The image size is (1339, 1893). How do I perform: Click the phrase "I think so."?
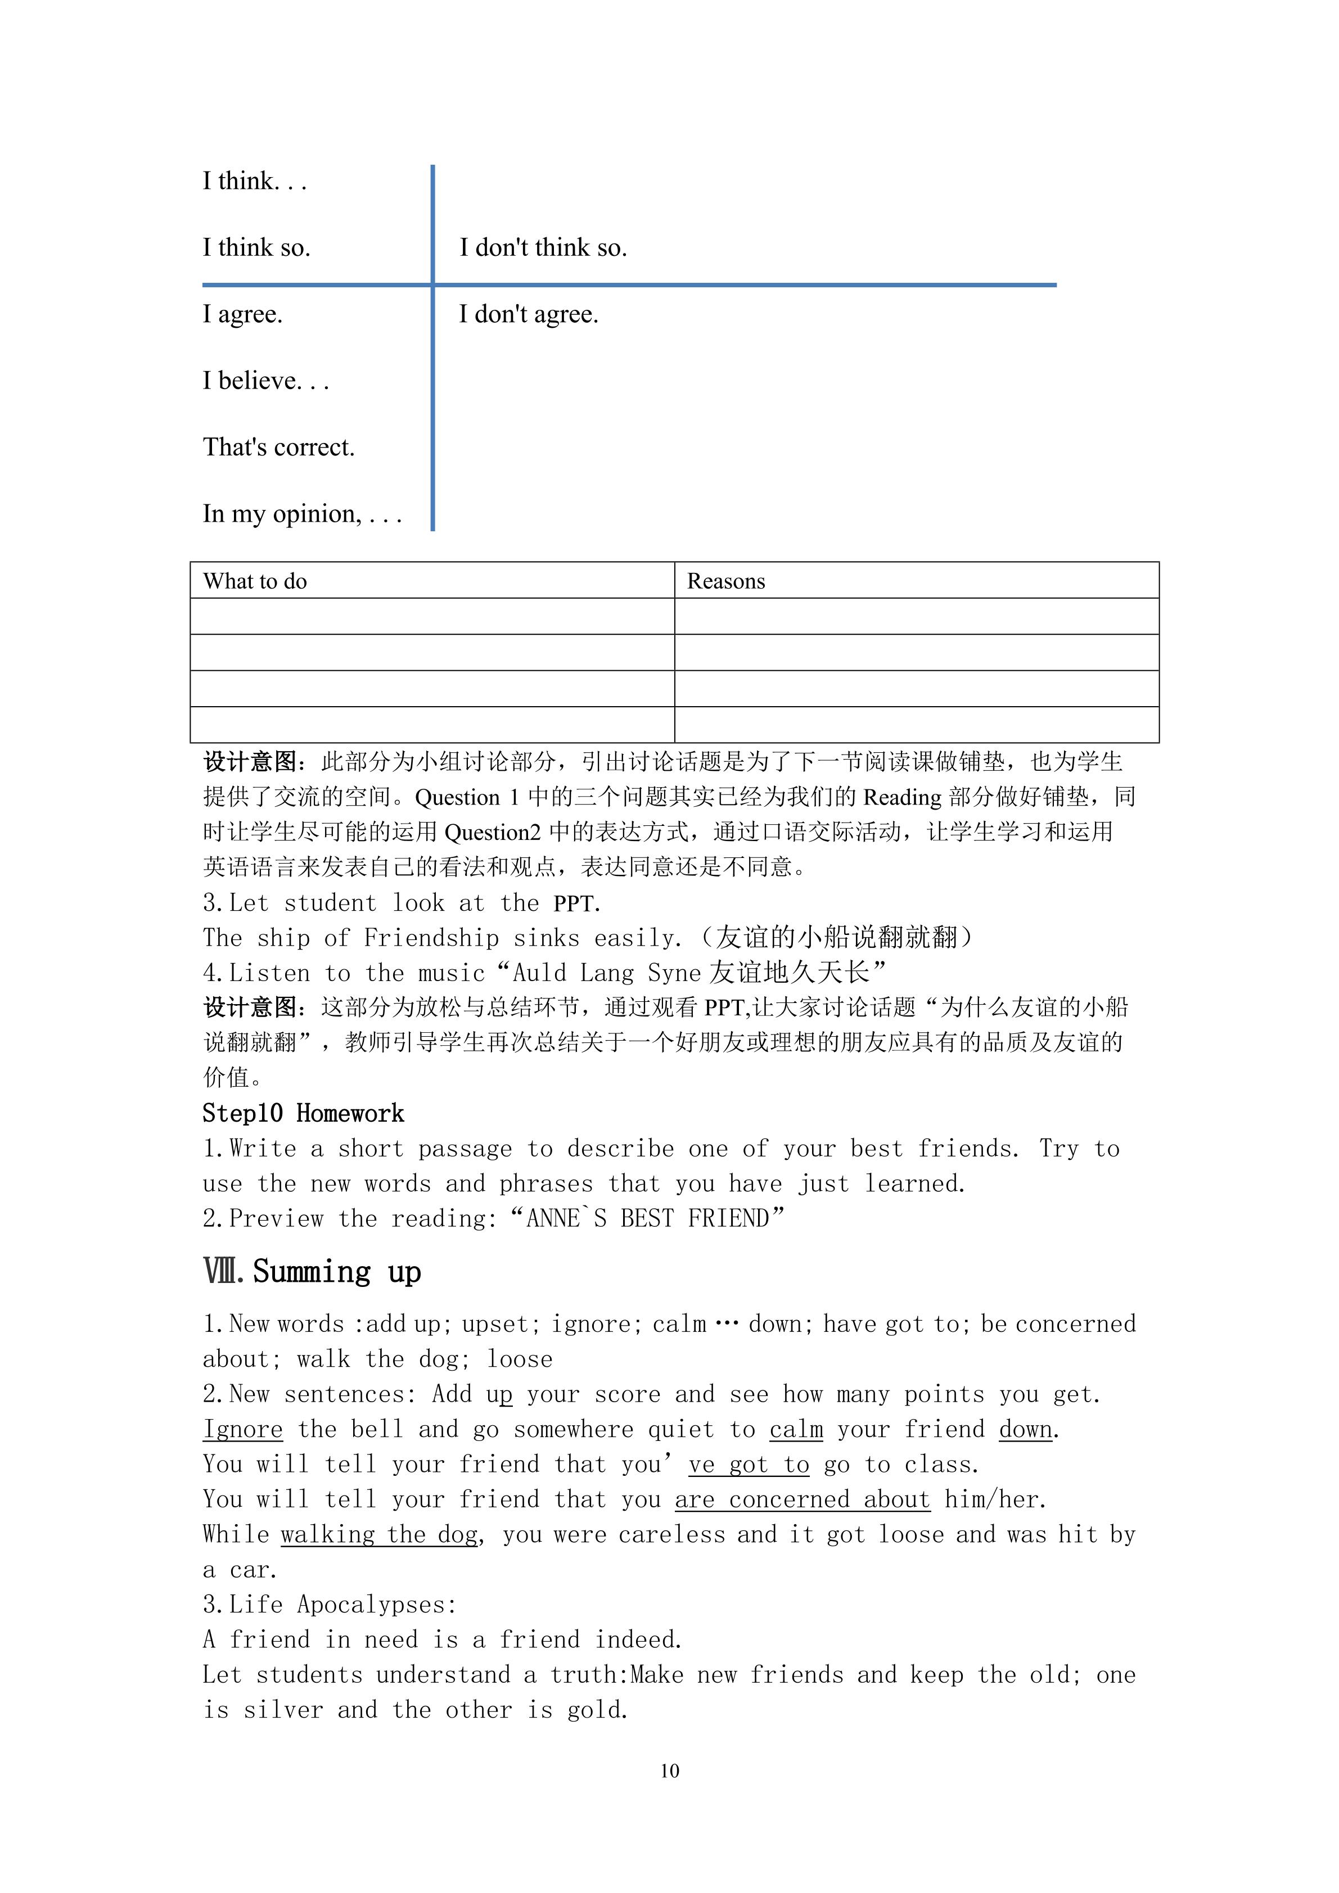256,247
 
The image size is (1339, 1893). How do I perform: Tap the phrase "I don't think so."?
543,247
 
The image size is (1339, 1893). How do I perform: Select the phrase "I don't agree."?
529,314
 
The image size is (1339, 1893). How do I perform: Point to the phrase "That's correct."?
279,447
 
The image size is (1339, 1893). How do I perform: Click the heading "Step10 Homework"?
304,1114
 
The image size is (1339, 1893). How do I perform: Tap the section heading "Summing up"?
336,1272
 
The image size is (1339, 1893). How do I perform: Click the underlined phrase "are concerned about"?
803,1499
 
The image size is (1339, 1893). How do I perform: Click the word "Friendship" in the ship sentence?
431,938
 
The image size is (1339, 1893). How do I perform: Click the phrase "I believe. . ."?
267,381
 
